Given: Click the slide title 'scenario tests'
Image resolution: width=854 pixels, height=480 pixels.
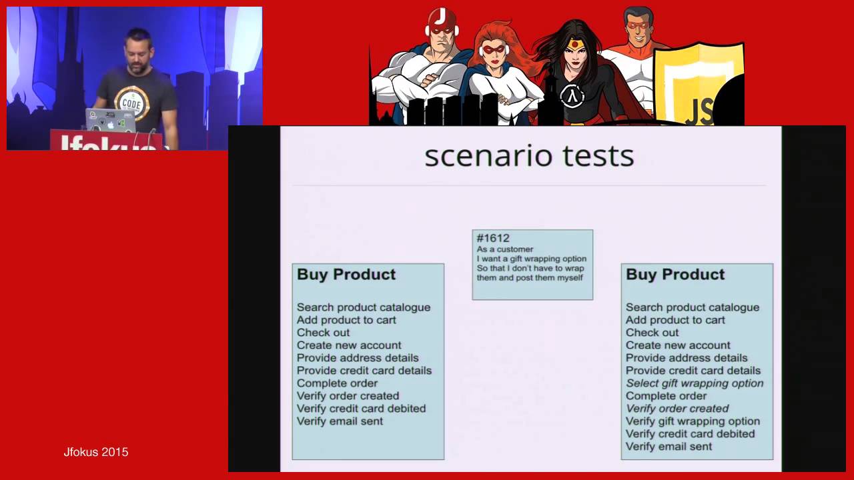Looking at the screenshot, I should tap(529, 156).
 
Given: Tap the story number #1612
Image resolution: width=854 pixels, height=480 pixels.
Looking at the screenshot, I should tap(493, 238).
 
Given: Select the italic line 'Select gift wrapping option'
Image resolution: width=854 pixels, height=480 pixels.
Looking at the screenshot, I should tap(695, 383).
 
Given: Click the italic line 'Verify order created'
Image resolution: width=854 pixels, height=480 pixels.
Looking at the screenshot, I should tap(677, 409).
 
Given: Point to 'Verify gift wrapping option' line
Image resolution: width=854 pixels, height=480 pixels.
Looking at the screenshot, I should tap(693, 421).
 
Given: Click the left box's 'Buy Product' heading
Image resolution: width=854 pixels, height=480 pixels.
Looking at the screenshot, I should tap(346, 275).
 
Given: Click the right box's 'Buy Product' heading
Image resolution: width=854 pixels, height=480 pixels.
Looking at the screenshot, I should tap(675, 275).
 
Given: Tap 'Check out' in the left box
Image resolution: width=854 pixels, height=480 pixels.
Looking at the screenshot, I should tap(323, 333).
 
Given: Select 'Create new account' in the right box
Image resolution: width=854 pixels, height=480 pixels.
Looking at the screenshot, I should tap(678, 345).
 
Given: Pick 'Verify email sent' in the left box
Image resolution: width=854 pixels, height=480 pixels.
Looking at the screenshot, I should tap(340, 421).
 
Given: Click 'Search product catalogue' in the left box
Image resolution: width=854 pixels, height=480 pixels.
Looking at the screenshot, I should tap(364, 307).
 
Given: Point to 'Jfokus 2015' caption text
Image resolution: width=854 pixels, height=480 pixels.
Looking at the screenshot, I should tap(96, 452).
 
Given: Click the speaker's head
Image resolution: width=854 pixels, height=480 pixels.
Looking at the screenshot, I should tap(139, 51).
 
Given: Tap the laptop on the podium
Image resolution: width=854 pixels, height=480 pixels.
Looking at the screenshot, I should tap(111, 120).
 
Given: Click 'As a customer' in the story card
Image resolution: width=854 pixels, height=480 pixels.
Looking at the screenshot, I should tap(505, 249).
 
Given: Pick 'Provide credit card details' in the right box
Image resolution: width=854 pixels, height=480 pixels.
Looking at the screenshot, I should tap(693, 371).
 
